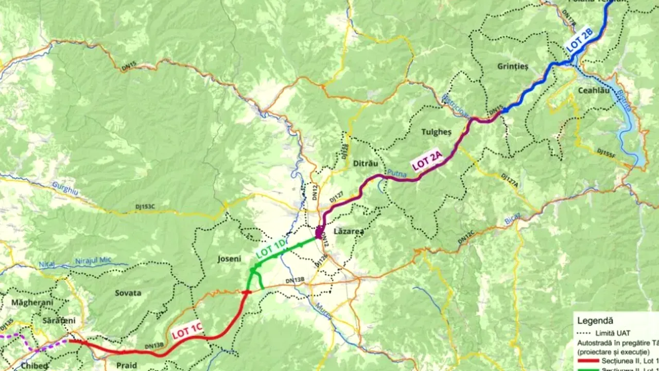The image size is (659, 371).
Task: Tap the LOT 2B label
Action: pyautogui.click(x=580, y=40)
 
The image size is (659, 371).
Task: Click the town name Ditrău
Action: pyautogui.click(x=366, y=163)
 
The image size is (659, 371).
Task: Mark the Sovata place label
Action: pyautogui.click(x=128, y=293)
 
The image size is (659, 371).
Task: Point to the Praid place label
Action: pyautogui.click(x=126, y=365)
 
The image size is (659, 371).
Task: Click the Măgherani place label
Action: pyautogui.click(x=32, y=302)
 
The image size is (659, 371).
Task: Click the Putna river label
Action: pyautogui.click(x=396, y=174)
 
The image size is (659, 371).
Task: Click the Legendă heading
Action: pyautogui.click(x=595, y=320)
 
